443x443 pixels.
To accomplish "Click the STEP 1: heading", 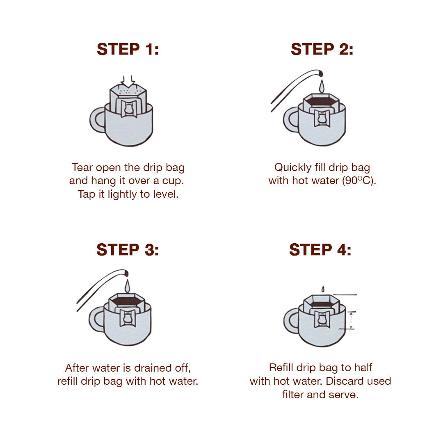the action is coord(128,49).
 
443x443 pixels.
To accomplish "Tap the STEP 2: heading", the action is coord(322,49).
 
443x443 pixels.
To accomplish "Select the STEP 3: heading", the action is coord(128,250).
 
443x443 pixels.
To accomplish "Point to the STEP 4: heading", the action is coord(320,250).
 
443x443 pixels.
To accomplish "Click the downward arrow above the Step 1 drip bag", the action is coord(128,81).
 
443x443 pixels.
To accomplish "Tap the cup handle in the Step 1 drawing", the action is coord(97,120).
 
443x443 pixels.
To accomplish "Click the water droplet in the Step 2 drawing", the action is coord(322,87).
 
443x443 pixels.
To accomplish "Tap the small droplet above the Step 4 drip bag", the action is coord(323,289).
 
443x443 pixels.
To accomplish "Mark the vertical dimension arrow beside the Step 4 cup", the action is coord(351,320).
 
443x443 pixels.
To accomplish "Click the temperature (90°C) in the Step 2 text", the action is coord(359,180).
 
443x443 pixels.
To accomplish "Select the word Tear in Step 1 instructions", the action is coord(82,167).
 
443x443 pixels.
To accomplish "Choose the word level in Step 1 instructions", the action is coord(166,194).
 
